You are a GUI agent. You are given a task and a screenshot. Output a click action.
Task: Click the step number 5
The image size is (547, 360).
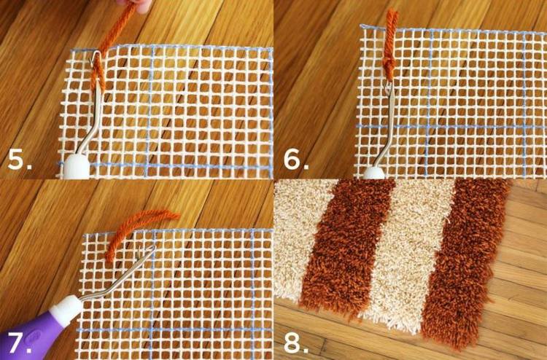point(20,160)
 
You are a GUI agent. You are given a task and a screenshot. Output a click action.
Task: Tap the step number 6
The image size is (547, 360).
point(296,159)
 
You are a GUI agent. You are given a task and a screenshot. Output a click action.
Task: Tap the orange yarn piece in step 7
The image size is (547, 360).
point(138,230)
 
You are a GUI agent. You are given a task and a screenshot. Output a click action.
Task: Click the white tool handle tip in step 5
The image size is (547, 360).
point(76,167)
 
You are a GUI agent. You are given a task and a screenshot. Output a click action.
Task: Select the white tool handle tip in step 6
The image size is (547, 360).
point(373,173)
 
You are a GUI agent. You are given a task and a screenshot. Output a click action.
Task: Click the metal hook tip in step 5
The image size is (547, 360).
point(95,58)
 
